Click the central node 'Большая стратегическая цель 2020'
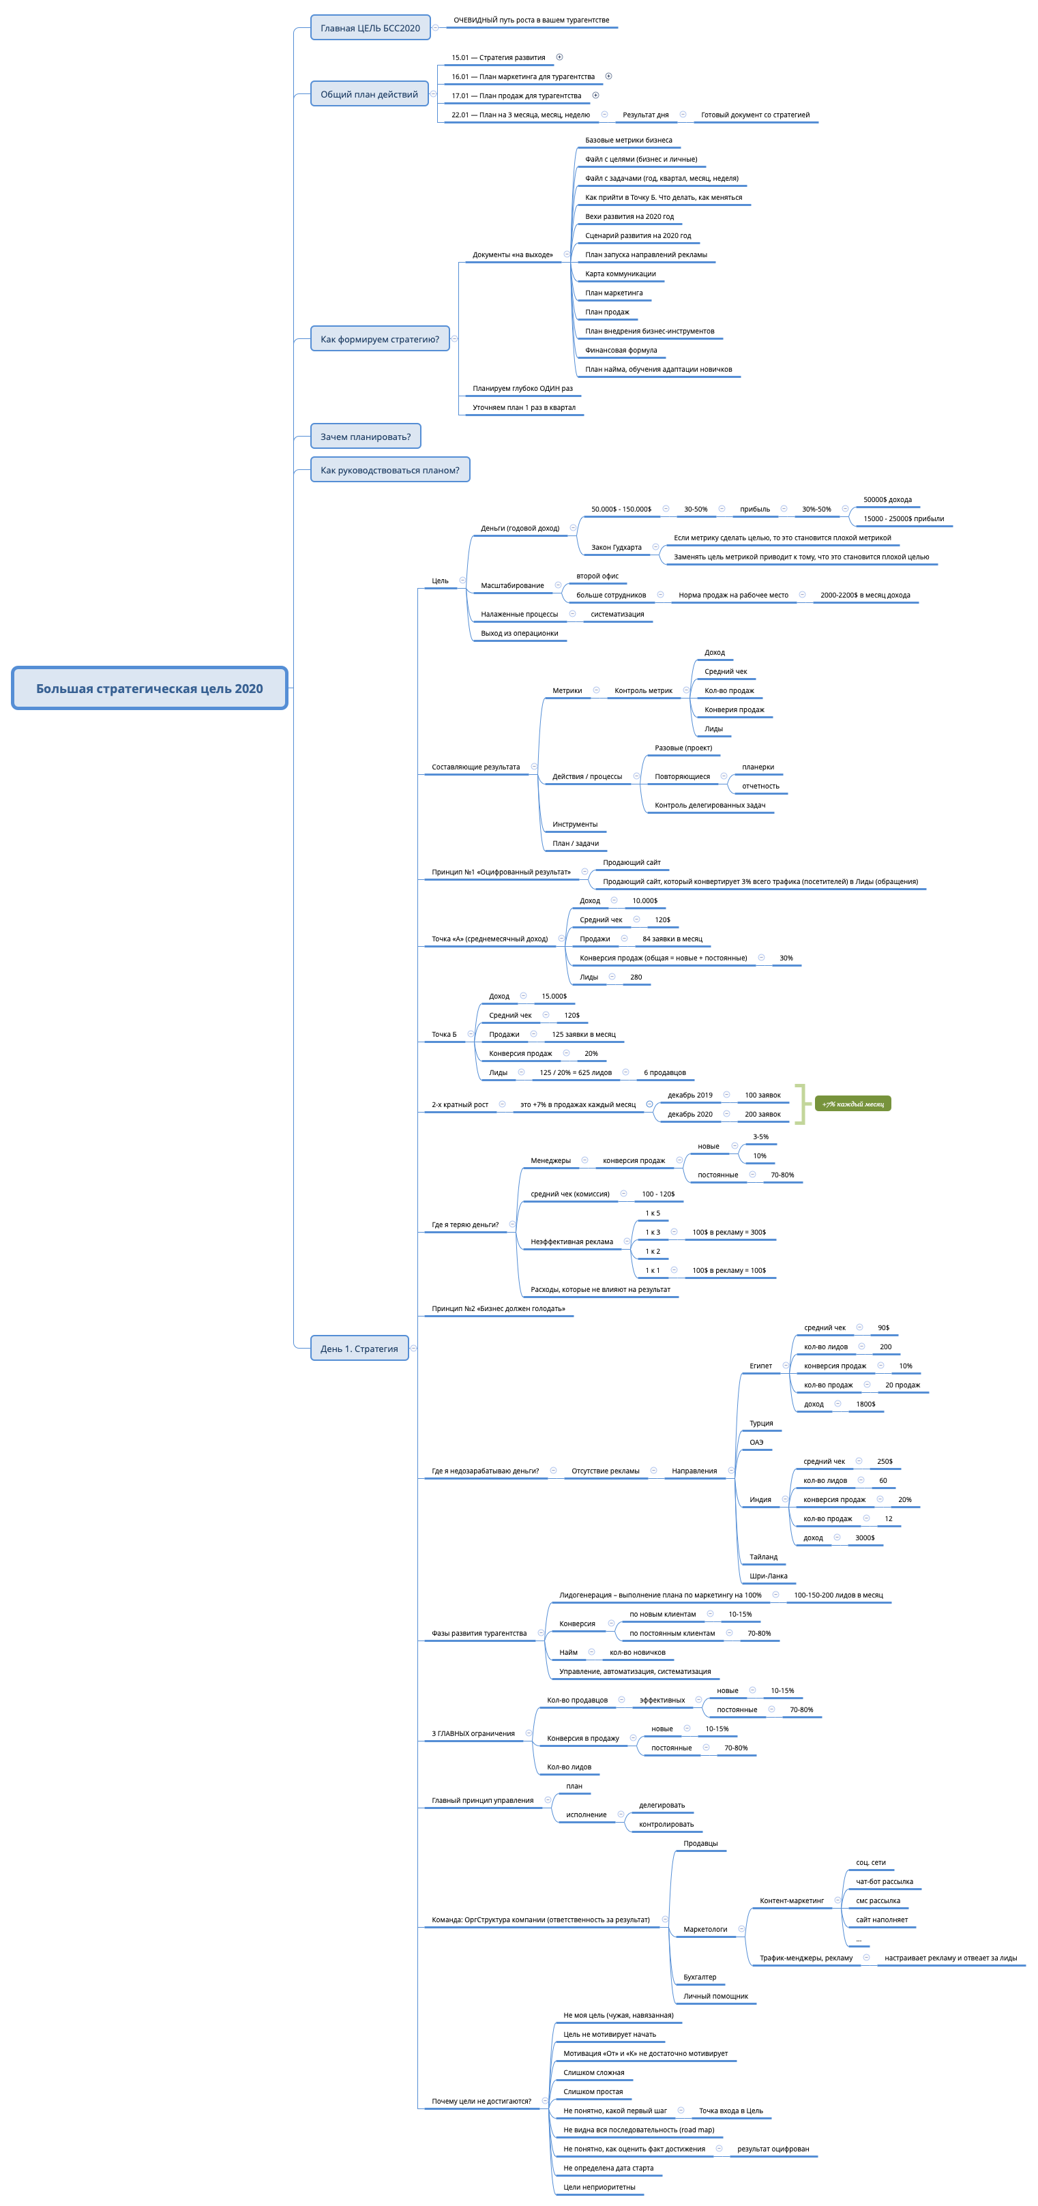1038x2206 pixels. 149,688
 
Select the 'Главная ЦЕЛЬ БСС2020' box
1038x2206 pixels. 370,28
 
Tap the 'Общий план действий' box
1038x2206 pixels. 369,94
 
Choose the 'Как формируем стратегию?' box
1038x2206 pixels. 379,339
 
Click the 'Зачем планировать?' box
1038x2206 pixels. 365,437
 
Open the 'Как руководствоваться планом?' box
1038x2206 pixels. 389,470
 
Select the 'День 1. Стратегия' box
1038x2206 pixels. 359,1349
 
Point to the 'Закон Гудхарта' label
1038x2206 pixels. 616,547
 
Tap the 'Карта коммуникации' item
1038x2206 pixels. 620,274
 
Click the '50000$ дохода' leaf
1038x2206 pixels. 887,499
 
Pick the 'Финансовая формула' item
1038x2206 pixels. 621,350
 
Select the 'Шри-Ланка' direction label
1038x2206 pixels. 768,1576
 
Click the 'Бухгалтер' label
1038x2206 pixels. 700,1977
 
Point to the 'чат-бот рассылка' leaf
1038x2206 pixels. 884,1881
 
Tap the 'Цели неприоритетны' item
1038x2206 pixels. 599,2187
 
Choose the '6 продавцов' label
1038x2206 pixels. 664,1072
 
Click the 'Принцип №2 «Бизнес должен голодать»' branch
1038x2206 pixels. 499,1308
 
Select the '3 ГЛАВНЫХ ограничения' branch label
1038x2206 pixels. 473,1733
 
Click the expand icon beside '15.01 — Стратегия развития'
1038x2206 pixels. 559,57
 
